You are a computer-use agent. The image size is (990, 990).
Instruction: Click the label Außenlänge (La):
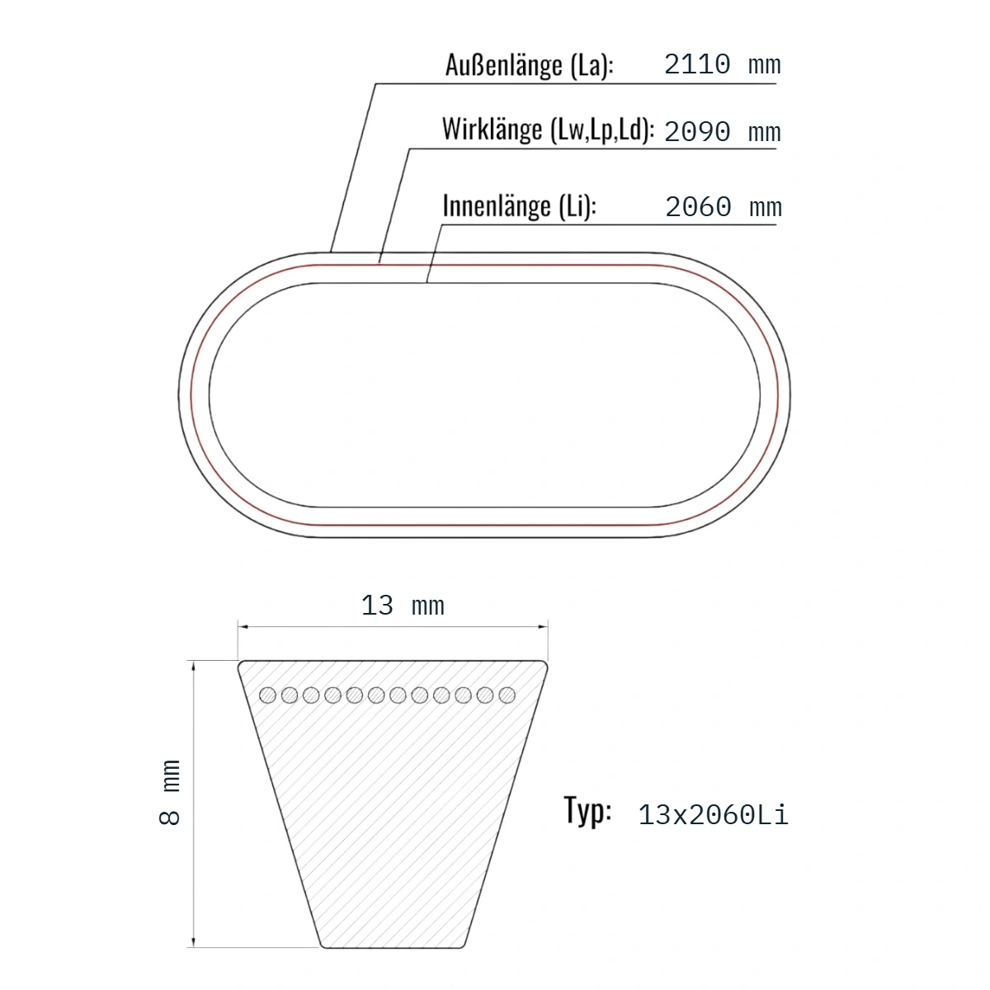click(x=529, y=66)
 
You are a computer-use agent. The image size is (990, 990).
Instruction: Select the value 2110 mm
click(x=722, y=65)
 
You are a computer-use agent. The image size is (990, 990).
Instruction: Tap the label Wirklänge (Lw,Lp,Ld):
click(x=548, y=130)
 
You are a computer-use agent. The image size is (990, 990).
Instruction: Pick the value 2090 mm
click(x=722, y=132)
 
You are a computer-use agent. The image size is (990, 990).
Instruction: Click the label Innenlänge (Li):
click(x=519, y=206)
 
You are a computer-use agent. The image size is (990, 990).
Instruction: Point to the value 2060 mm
click(x=723, y=207)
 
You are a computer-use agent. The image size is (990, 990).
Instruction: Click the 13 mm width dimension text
click(x=403, y=606)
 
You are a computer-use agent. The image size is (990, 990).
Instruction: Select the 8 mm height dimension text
click(x=170, y=792)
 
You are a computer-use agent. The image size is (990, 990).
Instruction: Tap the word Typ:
click(x=587, y=811)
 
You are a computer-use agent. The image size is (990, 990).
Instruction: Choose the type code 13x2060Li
click(x=712, y=815)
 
